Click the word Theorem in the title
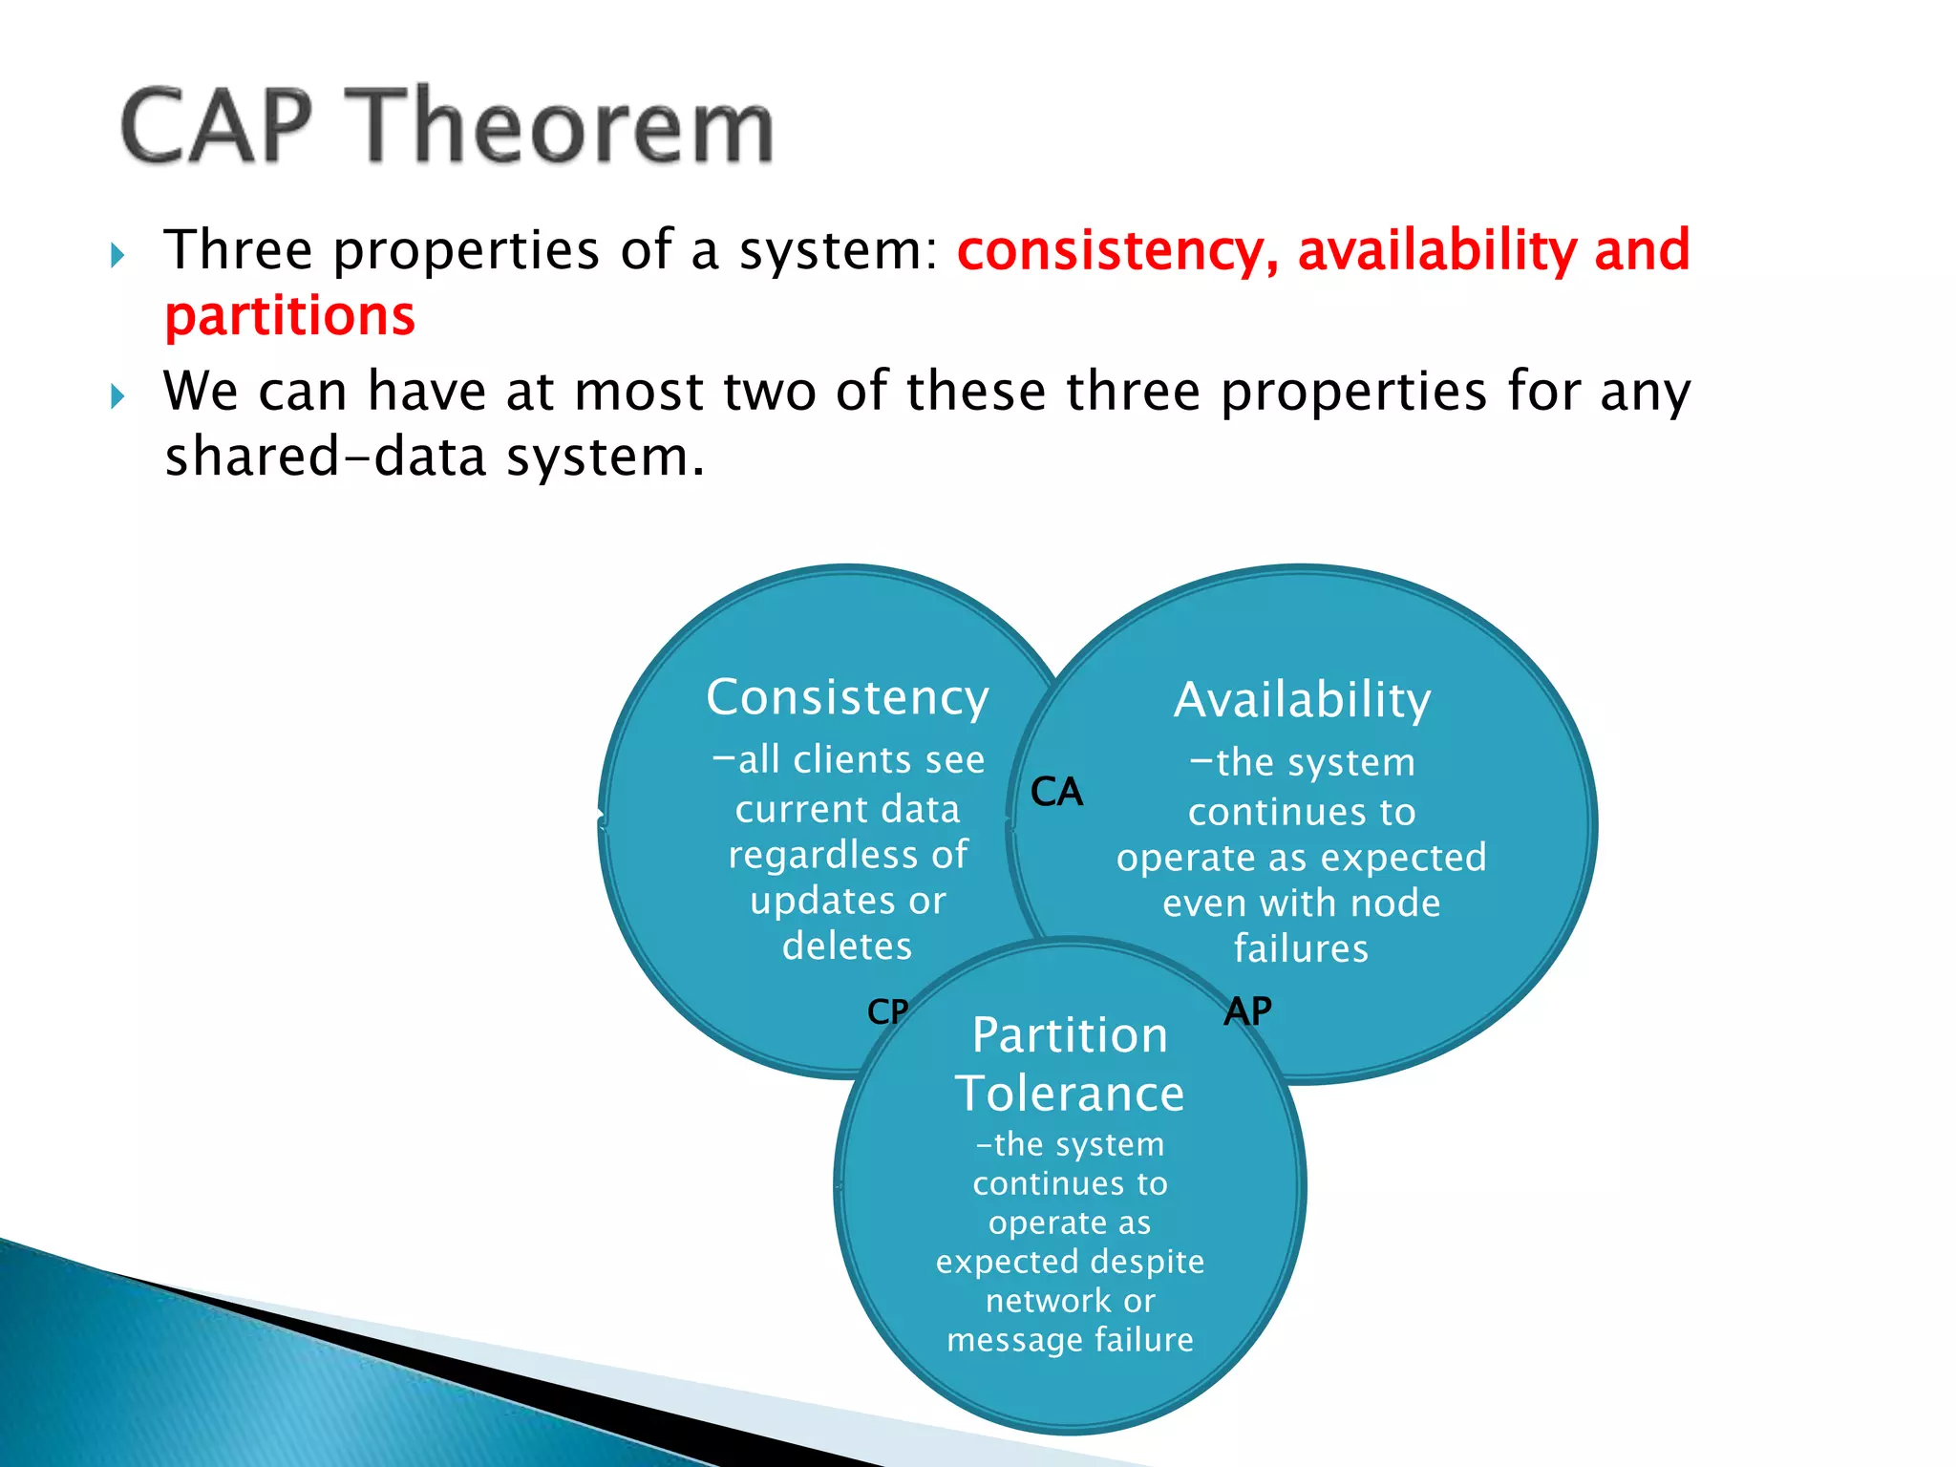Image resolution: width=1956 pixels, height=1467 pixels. pos(567,127)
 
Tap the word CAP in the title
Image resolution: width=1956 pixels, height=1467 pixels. pos(218,127)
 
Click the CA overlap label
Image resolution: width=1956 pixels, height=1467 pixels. pos(1056,792)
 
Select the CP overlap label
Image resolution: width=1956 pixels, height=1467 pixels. pos(887,1011)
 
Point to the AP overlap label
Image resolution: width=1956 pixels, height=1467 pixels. pos(1247,1011)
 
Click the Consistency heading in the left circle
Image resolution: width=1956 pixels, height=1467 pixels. pos(847,697)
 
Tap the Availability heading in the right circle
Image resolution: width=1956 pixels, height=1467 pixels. pos(1302,700)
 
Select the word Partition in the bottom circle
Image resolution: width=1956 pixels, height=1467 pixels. pos(1070,1035)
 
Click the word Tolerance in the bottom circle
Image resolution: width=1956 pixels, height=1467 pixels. pos(1070,1093)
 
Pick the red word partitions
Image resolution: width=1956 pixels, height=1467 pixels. pos(290,316)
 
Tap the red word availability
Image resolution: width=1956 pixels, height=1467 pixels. pos(1436,250)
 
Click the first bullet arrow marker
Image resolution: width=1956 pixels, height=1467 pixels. pos(117,255)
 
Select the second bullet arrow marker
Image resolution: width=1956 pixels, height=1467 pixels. pos(117,395)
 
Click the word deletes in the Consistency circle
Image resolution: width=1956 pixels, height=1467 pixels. pos(847,946)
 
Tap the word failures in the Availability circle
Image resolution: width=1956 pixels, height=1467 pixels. pos(1301,948)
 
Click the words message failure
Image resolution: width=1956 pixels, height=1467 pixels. pos(1070,1339)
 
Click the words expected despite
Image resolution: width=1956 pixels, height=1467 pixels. pos(1070,1261)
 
